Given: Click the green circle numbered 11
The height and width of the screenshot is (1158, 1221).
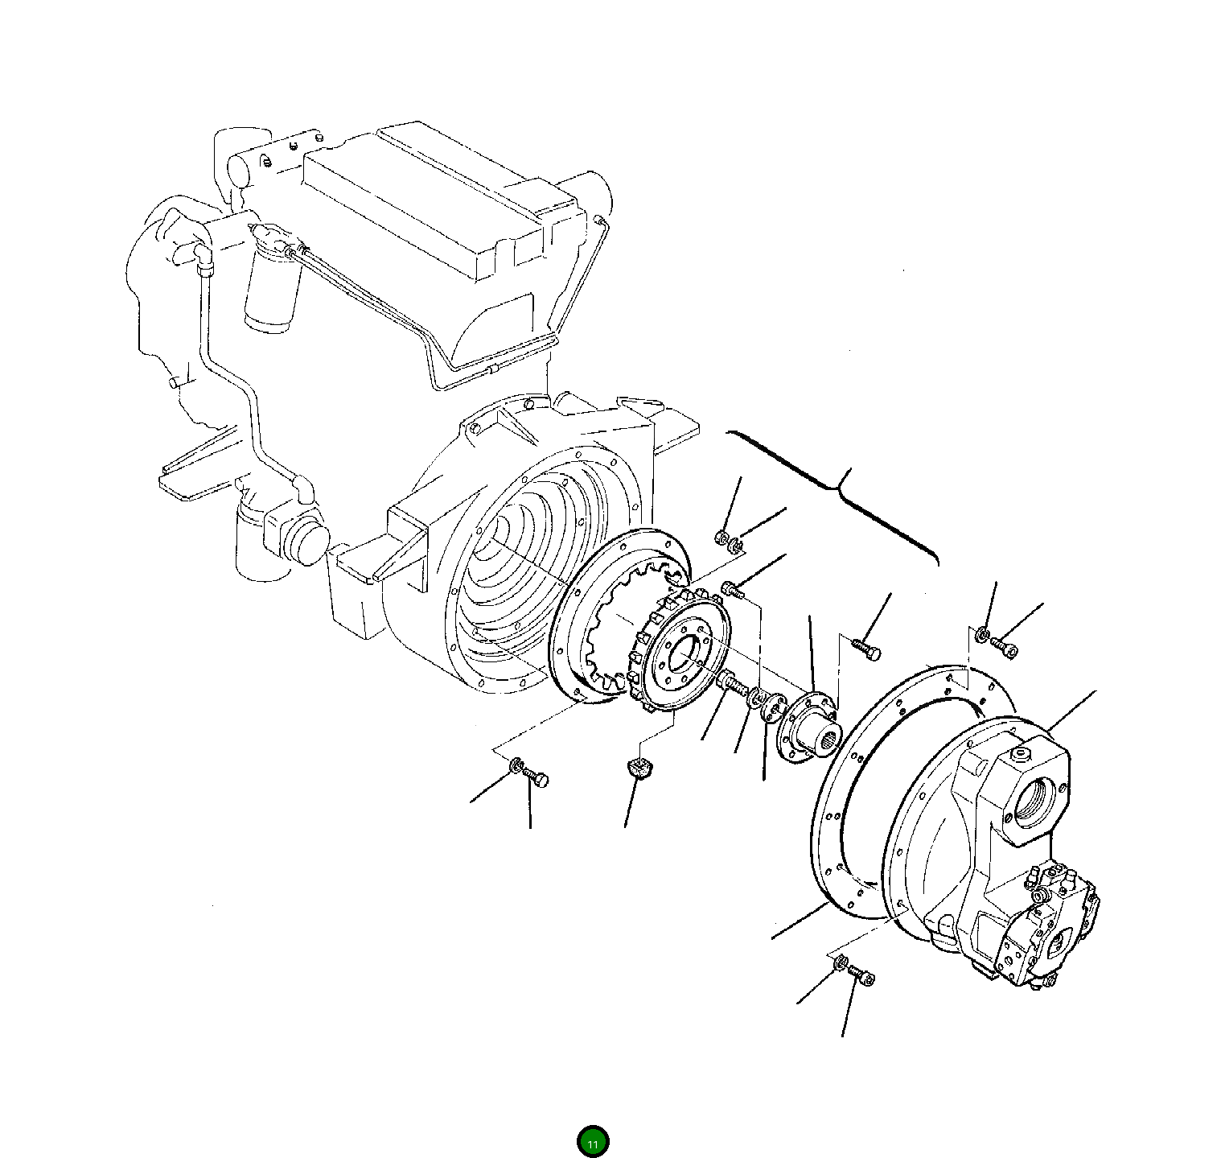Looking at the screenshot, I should pos(593,1141).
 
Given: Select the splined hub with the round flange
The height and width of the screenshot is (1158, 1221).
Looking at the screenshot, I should pos(810,724).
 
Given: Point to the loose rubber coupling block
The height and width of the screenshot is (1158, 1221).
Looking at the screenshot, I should pos(640,769).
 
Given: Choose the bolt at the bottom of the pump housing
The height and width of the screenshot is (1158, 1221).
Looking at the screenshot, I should pos(862,977).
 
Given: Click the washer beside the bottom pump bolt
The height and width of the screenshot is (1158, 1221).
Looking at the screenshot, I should pos(841,963).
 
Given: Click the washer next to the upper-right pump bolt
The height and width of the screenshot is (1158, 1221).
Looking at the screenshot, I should pos(982,636).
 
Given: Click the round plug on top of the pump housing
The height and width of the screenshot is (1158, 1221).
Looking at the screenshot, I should pos(1022,755).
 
